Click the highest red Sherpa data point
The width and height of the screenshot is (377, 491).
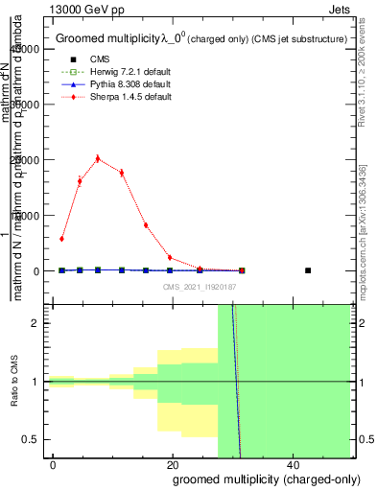point(98,159)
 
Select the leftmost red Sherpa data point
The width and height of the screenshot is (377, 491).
point(61,239)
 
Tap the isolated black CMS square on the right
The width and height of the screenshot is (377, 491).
point(308,270)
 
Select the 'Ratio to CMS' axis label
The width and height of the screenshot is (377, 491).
point(15,382)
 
